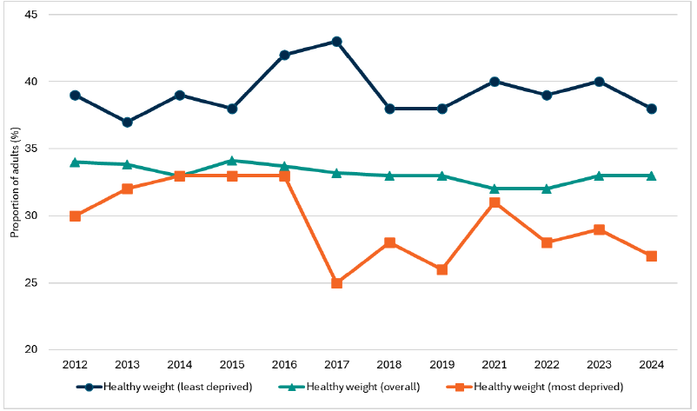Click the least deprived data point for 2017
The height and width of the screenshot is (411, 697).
pos(336,42)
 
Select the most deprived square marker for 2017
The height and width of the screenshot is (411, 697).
pos(336,282)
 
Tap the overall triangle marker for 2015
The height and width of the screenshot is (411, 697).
pos(232,161)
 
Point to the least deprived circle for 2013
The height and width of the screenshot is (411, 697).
pos(128,122)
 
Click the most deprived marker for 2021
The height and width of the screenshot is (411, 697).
pos(494,202)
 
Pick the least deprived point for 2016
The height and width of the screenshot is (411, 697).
pos(284,55)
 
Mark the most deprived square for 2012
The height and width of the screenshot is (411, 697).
pos(76,215)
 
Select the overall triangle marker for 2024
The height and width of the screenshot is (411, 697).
pos(650,176)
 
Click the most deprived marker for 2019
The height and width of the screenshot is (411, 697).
pos(441,269)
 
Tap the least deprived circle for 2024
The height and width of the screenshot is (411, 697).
pos(650,109)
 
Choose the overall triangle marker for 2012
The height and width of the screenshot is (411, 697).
pos(76,162)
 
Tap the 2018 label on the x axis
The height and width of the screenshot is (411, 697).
pos(389,365)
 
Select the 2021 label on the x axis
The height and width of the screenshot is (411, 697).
pos(494,365)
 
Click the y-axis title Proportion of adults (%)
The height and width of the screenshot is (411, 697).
pos(15,182)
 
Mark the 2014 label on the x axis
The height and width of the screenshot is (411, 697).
pos(180,365)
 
